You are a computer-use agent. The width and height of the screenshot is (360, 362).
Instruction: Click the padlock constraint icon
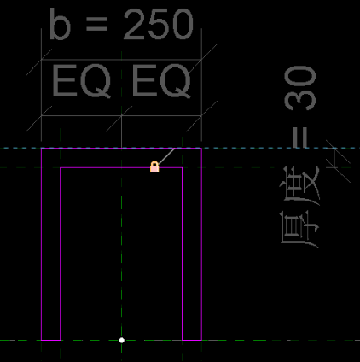tap(154, 167)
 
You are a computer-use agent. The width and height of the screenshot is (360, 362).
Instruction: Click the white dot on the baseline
tap(122, 340)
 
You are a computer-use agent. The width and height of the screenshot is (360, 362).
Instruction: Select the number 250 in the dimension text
tap(159, 25)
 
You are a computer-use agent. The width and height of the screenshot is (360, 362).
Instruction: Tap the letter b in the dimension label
tap(60, 24)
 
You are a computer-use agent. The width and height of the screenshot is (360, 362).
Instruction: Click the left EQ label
tap(81, 81)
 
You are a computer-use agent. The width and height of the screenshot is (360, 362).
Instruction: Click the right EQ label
tap(161, 81)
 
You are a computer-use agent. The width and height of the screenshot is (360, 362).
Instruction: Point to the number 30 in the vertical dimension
tap(300, 88)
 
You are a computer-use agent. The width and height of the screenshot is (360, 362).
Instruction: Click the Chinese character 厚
tap(299, 230)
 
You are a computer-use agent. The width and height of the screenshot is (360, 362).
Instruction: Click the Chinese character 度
tap(299, 186)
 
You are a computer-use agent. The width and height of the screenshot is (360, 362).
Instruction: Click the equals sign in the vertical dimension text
tap(300, 137)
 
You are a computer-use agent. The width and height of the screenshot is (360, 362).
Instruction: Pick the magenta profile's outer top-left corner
tap(42, 149)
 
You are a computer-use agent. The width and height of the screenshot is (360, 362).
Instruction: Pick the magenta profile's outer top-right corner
tap(201, 149)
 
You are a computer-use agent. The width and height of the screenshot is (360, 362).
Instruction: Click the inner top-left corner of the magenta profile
tap(61, 167)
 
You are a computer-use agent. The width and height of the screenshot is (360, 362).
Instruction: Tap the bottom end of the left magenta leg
tap(51, 340)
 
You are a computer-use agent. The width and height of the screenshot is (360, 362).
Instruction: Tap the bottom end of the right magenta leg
tap(192, 340)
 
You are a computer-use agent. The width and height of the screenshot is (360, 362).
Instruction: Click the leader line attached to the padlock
tap(166, 156)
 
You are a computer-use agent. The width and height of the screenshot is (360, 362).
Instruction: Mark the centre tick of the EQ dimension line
tap(122, 116)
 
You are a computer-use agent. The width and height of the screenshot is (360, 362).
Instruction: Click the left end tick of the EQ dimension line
tap(42, 116)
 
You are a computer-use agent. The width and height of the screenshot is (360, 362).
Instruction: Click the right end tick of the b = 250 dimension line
tap(201, 60)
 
